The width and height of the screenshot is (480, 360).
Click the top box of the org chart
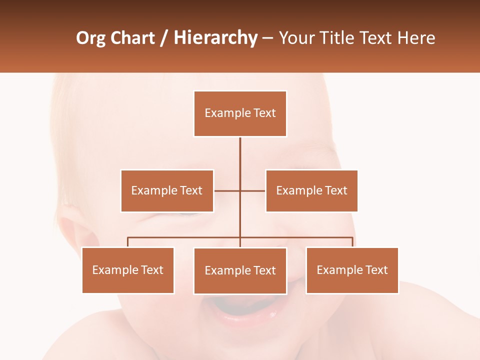point(240,113)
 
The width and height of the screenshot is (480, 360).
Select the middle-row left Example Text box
point(167,190)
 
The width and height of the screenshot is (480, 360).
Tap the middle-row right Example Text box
point(311,190)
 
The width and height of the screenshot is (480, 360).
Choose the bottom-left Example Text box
point(128,270)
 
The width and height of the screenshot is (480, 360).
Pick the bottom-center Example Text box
point(240,270)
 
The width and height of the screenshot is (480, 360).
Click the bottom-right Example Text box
point(352,270)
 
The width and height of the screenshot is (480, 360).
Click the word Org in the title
point(90,38)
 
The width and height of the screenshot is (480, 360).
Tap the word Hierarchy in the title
point(215,38)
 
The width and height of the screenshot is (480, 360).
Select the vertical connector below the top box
point(240,155)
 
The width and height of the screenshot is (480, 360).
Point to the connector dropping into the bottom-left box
point(128,242)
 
